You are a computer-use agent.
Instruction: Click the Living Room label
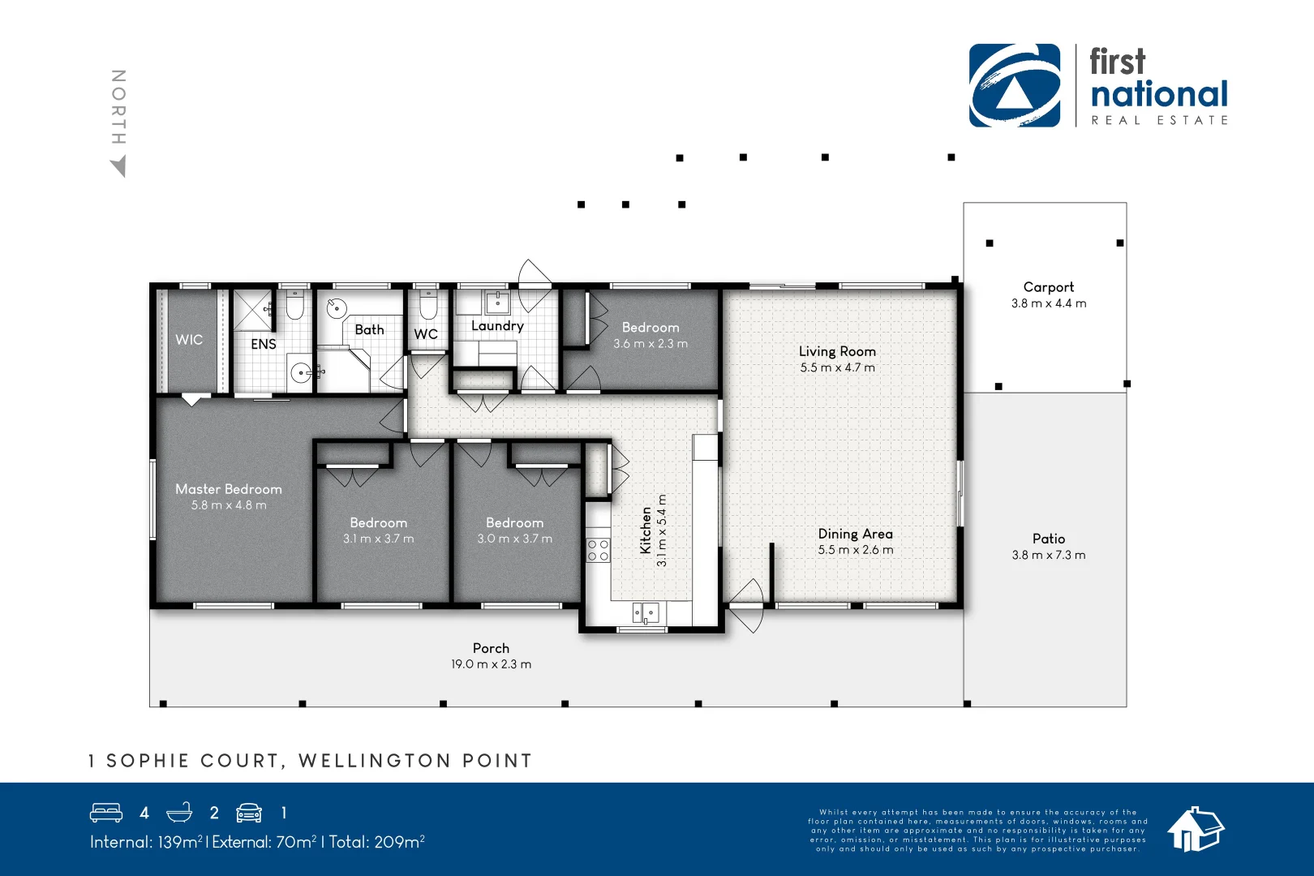(x=837, y=351)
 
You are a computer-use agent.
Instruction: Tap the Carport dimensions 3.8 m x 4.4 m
(x=1048, y=303)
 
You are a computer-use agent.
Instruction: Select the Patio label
(x=1048, y=539)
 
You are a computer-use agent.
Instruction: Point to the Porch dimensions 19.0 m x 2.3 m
(x=491, y=664)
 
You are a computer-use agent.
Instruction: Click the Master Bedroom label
(x=229, y=489)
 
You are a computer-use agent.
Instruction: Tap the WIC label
(x=189, y=340)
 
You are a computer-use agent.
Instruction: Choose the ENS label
(x=264, y=344)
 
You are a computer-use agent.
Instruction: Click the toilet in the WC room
(x=427, y=307)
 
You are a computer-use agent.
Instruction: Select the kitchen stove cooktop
(x=599, y=551)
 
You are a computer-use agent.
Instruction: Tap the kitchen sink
(x=646, y=613)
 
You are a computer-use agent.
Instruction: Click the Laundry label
(x=497, y=326)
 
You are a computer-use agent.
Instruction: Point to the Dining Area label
(x=855, y=534)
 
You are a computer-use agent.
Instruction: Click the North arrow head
(x=119, y=167)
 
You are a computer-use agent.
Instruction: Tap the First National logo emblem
(x=1014, y=86)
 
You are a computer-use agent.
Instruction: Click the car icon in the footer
(x=249, y=813)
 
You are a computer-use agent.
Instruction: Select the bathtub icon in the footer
(x=179, y=813)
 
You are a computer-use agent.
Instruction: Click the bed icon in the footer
(x=106, y=813)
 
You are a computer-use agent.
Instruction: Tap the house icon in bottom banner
(x=1195, y=830)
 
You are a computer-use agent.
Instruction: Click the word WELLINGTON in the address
(x=375, y=761)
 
